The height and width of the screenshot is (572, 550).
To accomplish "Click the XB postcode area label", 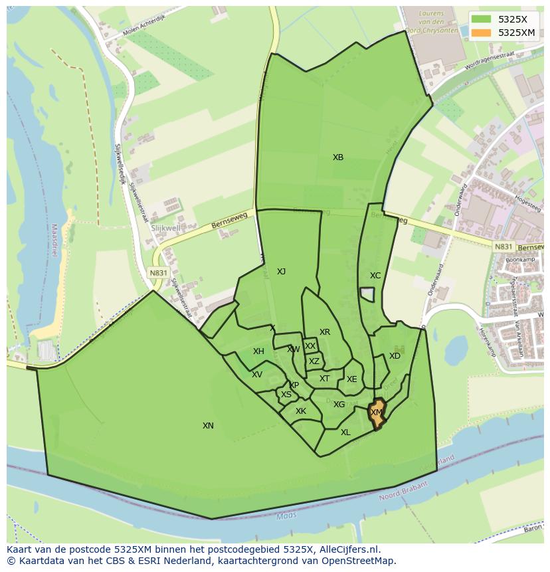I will (338, 157).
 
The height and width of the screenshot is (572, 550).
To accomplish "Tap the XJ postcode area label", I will (281, 271).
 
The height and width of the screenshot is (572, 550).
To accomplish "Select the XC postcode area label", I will (375, 275).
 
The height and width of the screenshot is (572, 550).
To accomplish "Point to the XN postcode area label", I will (208, 425).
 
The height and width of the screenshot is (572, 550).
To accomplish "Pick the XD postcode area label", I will (395, 355).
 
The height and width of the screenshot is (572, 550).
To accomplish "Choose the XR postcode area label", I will (324, 332).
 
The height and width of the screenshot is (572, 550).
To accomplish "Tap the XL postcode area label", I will (345, 432).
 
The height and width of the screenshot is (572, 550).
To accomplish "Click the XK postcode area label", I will (301, 411).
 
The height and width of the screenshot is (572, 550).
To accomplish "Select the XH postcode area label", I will (258, 351).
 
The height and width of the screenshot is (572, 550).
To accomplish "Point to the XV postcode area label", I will (257, 374).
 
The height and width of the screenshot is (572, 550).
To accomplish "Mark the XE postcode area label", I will (351, 379).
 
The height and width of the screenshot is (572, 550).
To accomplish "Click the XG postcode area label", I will (339, 404).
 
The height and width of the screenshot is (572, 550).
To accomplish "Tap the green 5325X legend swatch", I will (482, 19).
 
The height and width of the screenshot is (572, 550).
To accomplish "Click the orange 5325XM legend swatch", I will (482, 33).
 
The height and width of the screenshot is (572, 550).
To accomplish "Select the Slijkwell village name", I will (166, 228).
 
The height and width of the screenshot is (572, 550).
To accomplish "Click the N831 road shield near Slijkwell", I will (158, 272).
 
